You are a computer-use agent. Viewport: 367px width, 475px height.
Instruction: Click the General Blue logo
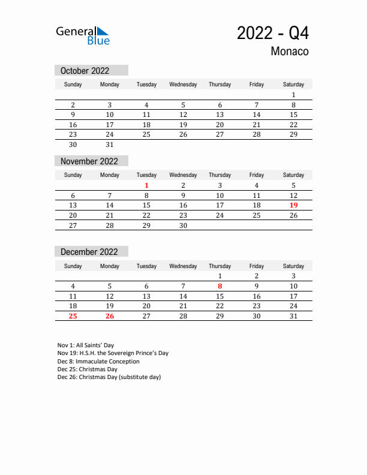click(x=83, y=35)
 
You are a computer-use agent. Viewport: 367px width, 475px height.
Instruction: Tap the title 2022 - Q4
click(x=273, y=33)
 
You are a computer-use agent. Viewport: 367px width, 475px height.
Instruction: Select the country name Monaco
click(x=290, y=52)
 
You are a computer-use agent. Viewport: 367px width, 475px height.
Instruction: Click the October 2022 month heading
click(x=85, y=71)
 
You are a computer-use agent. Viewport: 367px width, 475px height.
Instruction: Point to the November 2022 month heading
click(x=89, y=161)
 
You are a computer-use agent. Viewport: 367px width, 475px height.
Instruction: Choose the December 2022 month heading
click(x=89, y=252)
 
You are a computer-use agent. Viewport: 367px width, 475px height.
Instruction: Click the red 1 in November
click(x=146, y=185)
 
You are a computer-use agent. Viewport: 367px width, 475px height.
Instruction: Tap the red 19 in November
click(x=293, y=205)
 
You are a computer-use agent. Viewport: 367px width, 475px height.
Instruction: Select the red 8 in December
click(x=220, y=286)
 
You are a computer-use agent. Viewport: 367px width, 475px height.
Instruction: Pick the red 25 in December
click(x=73, y=316)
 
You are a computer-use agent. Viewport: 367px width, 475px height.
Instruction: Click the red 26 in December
click(x=110, y=316)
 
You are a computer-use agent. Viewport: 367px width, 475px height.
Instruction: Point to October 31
click(x=110, y=145)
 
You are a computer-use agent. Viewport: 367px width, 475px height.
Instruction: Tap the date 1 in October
click(x=293, y=95)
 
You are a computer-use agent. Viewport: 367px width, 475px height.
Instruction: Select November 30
click(x=183, y=226)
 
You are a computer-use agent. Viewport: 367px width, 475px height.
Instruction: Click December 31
click(x=293, y=316)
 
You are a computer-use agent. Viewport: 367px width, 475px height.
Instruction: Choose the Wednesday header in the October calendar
click(x=183, y=85)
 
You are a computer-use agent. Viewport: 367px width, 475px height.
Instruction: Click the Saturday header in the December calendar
click(x=293, y=266)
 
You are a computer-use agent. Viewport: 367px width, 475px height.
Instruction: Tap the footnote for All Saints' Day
click(x=86, y=345)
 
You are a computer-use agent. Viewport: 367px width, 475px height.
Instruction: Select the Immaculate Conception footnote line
click(x=98, y=362)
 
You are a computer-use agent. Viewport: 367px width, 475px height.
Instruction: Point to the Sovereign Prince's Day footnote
click(x=113, y=353)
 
